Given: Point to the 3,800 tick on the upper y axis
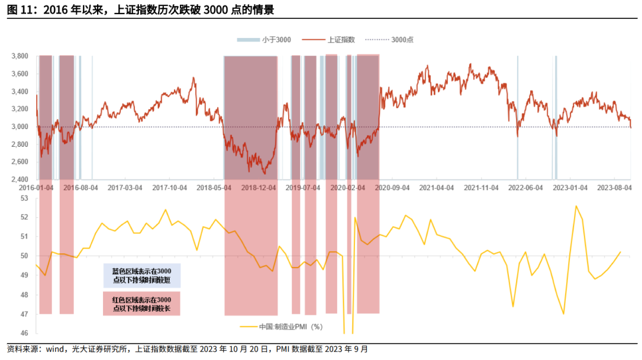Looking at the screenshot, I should coord(20,56).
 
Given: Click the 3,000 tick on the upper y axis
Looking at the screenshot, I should coord(20,127).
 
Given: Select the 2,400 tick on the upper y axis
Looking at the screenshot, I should coord(20,179).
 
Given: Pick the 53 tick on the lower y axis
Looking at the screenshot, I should coord(24,198).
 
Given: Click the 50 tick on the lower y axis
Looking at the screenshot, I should coord(24,256).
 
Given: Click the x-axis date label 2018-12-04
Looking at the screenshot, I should coord(259,187).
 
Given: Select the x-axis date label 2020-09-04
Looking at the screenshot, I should coord(393,187).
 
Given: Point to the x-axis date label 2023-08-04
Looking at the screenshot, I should coord(615,187).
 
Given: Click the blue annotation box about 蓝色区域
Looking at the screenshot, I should coord(142,275).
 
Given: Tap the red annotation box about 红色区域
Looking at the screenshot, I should coord(142,304).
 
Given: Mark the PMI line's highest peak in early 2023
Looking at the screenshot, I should coord(576,206).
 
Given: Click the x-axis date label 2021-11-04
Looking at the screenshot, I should coord(482,187).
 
